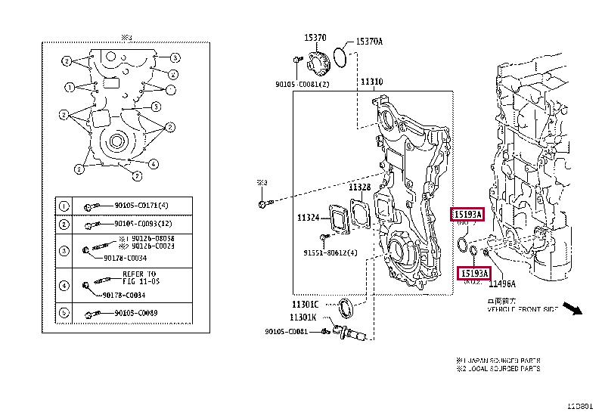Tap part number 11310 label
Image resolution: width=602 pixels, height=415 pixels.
tap(371, 82)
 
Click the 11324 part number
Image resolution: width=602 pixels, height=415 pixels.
tap(309, 218)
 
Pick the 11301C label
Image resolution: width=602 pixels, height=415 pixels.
tap(304, 304)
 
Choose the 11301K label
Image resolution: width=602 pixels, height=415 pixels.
tap(304, 317)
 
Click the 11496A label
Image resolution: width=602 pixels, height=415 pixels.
tap(501, 284)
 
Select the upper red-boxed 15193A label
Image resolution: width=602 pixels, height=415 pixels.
tap(467, 215)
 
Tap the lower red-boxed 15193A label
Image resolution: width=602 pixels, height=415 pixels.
tap(475, 272)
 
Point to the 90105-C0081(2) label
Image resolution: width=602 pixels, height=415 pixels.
tap(303, 84)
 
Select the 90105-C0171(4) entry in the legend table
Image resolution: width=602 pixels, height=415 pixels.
tap(141, 206)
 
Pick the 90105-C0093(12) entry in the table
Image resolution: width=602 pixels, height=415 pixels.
tap(143, 225)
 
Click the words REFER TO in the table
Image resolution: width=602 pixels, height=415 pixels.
tap(138, 274)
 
